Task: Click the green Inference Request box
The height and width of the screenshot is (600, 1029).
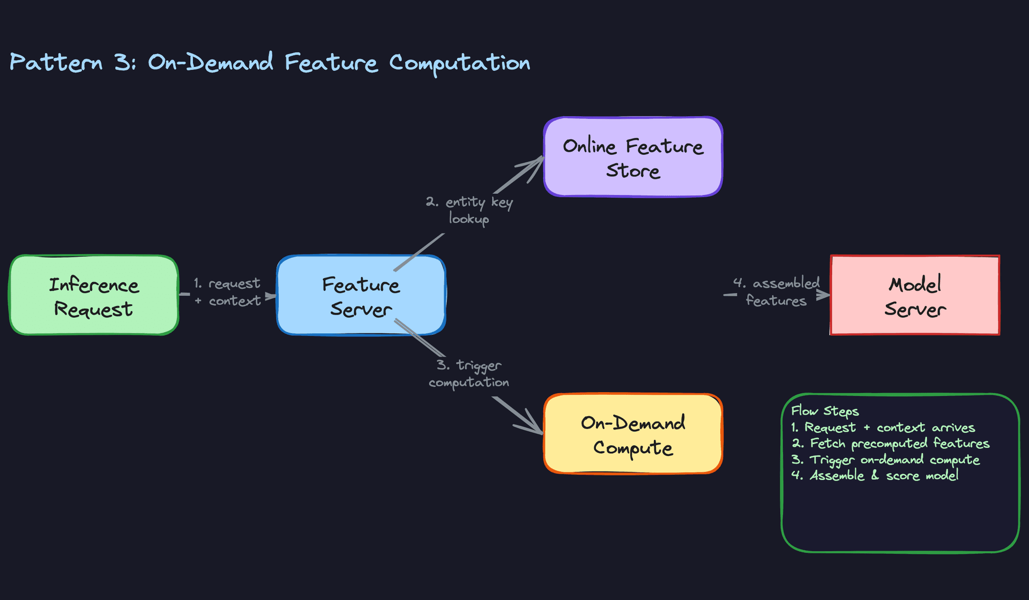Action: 94,295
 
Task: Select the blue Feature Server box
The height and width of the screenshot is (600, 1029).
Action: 361,295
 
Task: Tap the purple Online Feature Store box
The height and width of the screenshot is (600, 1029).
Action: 633,157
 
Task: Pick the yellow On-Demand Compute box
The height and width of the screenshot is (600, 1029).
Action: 633,434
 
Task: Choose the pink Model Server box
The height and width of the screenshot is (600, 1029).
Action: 915,295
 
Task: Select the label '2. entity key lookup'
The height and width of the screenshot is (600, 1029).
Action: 469,210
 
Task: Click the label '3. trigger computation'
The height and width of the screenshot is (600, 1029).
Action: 469,373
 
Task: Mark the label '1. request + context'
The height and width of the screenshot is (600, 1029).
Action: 228,292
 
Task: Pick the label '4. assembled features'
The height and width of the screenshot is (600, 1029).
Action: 776,292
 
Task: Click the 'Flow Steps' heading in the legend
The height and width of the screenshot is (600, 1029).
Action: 825,411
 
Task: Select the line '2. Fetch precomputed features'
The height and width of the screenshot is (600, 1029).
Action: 891,444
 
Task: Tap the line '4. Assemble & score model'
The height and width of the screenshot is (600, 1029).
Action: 875,476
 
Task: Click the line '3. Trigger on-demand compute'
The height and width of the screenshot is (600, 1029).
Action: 885,460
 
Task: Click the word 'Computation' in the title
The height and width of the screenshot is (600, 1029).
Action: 459,63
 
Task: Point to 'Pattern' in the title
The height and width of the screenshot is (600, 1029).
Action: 56,63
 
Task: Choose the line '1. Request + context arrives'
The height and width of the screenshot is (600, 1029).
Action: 883,427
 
